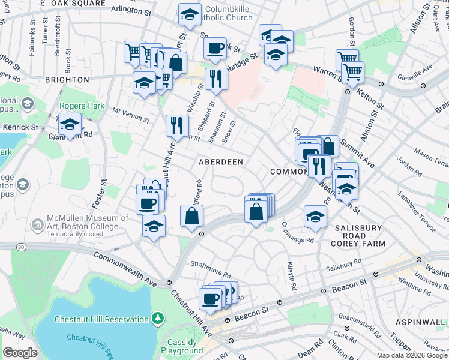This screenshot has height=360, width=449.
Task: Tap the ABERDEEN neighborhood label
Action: click(221, 162)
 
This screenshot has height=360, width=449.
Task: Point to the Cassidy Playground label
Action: click(182, 346)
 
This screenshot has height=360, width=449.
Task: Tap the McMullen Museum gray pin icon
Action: click(37, 226)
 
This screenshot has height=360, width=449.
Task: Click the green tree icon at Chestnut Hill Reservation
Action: click(157, 317)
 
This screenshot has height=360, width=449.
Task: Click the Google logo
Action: click(20, 353)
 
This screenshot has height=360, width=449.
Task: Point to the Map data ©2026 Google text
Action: click(412, 355)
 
